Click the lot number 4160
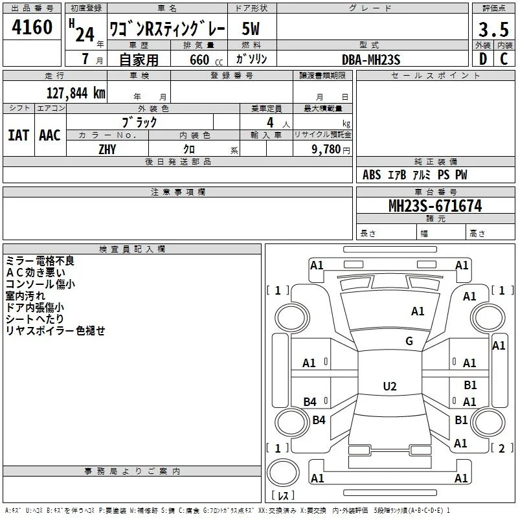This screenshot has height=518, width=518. [32, 27]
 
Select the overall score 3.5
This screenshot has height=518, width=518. [493, 29]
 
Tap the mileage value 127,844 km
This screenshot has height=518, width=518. [76, 93]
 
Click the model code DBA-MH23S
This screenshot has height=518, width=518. [371, 60]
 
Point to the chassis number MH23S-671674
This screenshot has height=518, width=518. [435, 206]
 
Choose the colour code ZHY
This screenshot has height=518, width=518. [107, 150]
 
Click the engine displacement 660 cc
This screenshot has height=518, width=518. [206, 60]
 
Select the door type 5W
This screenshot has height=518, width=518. [251, 28]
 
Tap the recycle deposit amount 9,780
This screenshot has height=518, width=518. [326, 150]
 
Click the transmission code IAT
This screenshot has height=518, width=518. [19, 135]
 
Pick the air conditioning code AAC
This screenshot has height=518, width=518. [50, 135]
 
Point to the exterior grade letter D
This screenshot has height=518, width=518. [483, 59]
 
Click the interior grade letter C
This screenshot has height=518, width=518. [504, 59]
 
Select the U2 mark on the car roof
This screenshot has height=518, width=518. [390, 386]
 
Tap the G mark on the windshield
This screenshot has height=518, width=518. [409, 341]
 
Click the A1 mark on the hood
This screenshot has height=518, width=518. [418, 311]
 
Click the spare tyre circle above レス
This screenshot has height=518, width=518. [283, 473]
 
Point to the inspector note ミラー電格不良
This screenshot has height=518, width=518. [40, 261]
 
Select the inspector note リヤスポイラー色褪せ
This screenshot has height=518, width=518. [55, 330]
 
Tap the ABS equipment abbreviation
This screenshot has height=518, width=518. [372, 175]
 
